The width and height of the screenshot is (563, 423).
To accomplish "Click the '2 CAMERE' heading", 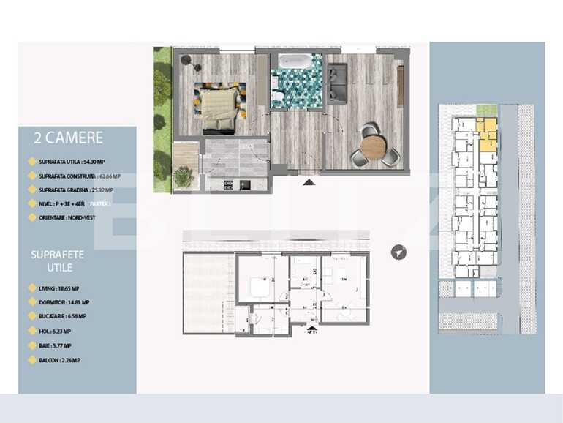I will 68,138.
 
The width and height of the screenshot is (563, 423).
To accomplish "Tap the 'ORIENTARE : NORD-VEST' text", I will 67,217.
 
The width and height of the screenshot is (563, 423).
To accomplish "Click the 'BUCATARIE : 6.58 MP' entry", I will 63,317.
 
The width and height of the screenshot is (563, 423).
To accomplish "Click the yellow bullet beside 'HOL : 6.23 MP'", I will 30,332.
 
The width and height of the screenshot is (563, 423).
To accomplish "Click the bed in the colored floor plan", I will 218,103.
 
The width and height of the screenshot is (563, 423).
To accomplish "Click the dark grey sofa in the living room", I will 336,81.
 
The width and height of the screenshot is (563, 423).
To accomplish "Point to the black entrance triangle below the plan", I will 309,181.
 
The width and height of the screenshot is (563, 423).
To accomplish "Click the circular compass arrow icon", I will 398,252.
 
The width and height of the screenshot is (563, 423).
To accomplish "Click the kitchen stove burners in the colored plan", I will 245,184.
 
